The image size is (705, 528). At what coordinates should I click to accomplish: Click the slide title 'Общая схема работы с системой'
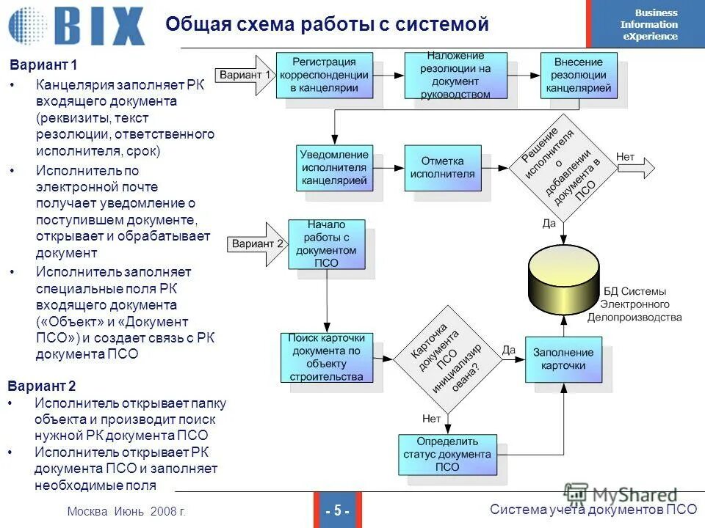coord(327,24)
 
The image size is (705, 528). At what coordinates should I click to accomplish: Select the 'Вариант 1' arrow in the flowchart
coord(245,76)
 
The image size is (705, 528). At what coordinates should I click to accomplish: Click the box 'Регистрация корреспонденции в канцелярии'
coord(324,76)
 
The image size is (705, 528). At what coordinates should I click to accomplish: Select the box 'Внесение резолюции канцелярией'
coord(576,76)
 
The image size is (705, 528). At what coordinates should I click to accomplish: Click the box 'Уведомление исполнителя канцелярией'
coord(334,168)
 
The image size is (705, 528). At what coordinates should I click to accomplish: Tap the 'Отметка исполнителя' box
coord(443,168)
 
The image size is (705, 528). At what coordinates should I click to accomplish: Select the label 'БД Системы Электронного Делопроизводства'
coord(634,304)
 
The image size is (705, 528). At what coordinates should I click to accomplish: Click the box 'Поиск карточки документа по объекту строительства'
coord(326,358)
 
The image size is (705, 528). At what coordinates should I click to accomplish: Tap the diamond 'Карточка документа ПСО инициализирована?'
coord(446,357)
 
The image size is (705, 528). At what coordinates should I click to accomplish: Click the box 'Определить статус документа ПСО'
coord(446,454)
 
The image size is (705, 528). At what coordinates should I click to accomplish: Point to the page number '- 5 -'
coord(336,510)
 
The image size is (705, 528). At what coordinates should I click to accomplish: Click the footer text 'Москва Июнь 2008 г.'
coord(126,511)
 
